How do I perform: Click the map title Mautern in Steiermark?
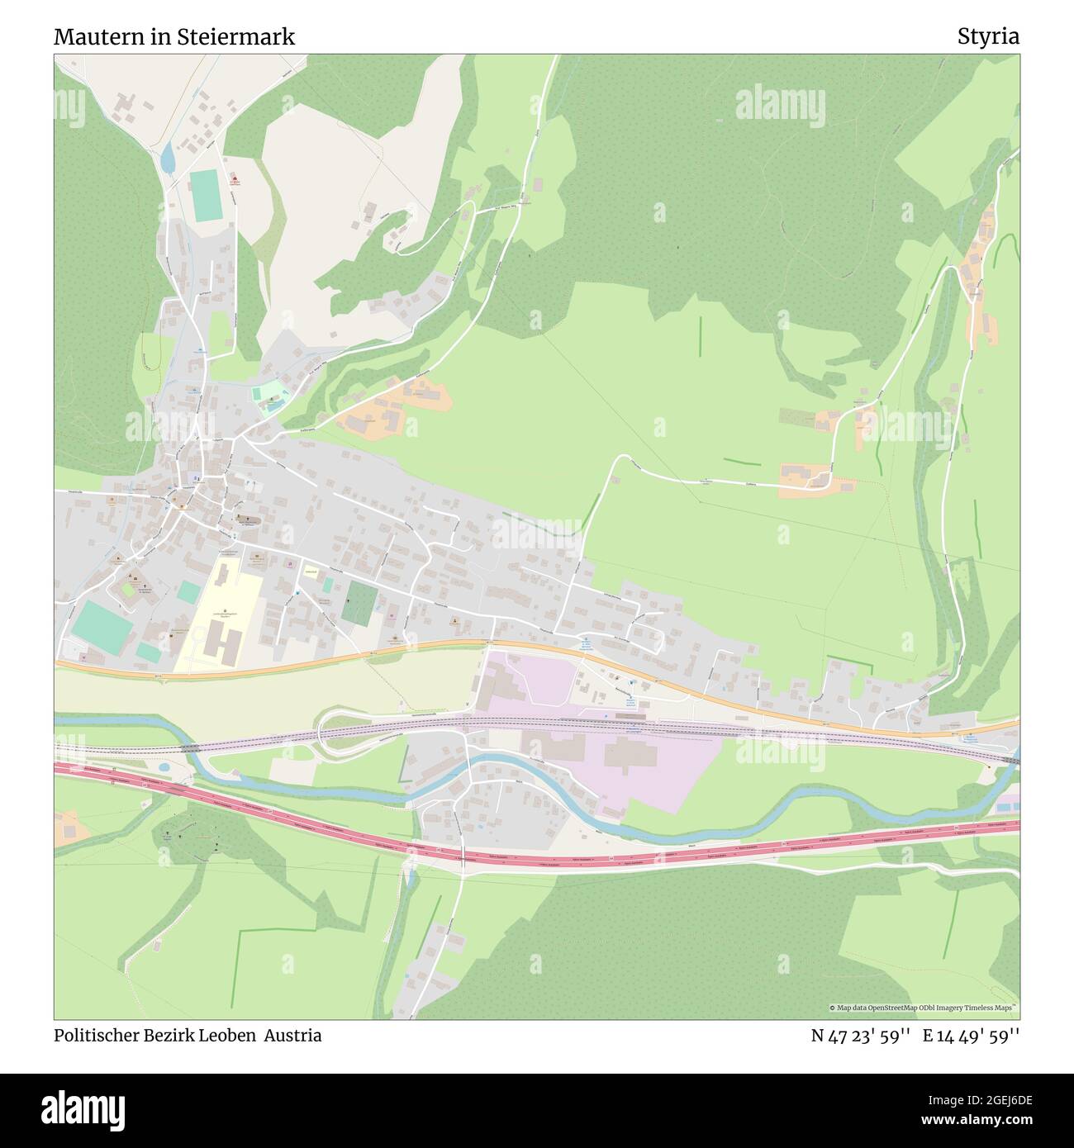point(174,37)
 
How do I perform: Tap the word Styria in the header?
point(988,37)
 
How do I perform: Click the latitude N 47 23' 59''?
point(860,1036)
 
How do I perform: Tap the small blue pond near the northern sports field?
point(168,157)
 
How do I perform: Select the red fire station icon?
point(234,179)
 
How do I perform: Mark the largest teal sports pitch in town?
point(101,625)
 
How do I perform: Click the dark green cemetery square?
point(358,602)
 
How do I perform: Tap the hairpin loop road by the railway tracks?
point(330,730)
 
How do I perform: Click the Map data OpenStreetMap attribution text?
point(923,1008)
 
